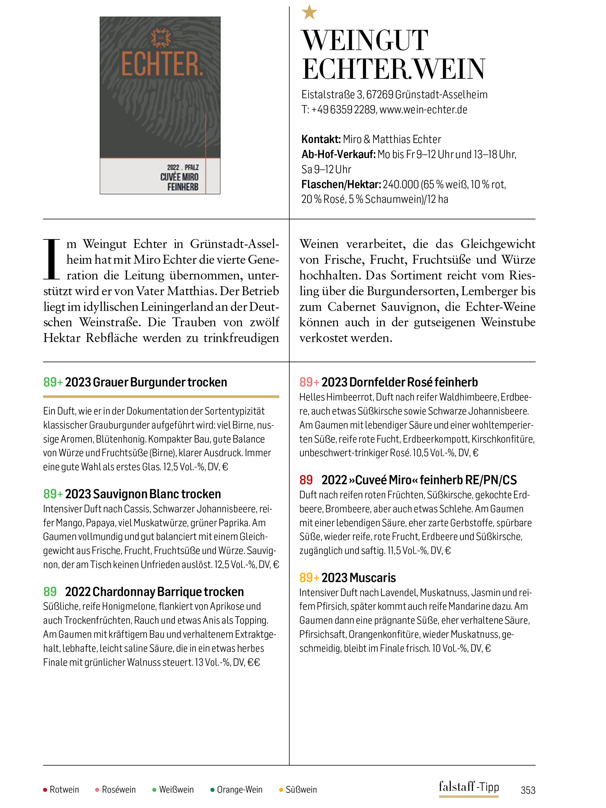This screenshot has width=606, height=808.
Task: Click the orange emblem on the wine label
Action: click(x=161, y=38)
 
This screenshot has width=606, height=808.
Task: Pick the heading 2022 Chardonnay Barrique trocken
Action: click(x=154, y=591)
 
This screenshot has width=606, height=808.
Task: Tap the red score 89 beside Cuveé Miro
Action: click(x=306, y=480)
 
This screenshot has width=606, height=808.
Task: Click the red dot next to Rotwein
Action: click(x=45, y=790)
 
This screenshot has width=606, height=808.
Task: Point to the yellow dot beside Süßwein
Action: click(x=281, y=790)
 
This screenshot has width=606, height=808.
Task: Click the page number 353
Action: click(x=528, y=790)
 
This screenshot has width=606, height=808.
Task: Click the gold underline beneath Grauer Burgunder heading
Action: click(x=161, y=396)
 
